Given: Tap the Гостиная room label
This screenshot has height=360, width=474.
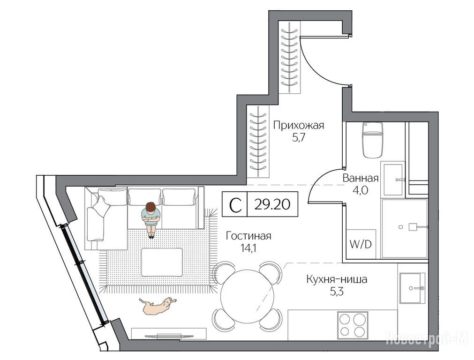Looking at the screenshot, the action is pos(248,236).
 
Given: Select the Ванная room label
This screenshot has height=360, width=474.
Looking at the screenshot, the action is pos(361,178).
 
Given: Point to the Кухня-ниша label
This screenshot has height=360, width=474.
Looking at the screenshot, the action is pos(337,279).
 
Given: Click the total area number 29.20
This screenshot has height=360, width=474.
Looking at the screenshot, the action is pos(272,204).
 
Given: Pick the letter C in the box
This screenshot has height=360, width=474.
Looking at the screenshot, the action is pos(235,205).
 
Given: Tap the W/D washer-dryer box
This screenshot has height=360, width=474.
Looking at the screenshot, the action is pos(361,244).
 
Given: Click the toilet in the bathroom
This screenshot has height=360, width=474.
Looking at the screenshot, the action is pos(372,140).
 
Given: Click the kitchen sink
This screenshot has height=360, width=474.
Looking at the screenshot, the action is pos(412,288).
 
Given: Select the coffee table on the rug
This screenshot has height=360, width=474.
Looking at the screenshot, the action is pos(162,262).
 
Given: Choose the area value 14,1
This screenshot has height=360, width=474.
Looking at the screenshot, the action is pos(248,248).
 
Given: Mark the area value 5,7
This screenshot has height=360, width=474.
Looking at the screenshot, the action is pos(298,138).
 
